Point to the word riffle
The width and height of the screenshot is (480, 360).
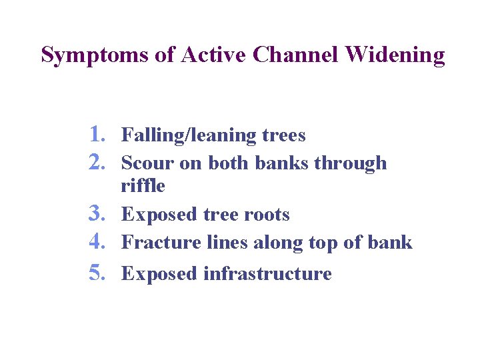tap(143, 186)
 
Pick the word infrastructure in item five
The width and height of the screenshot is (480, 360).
tap(267, 274)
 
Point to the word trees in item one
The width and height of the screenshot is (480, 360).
tap(284, 136)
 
